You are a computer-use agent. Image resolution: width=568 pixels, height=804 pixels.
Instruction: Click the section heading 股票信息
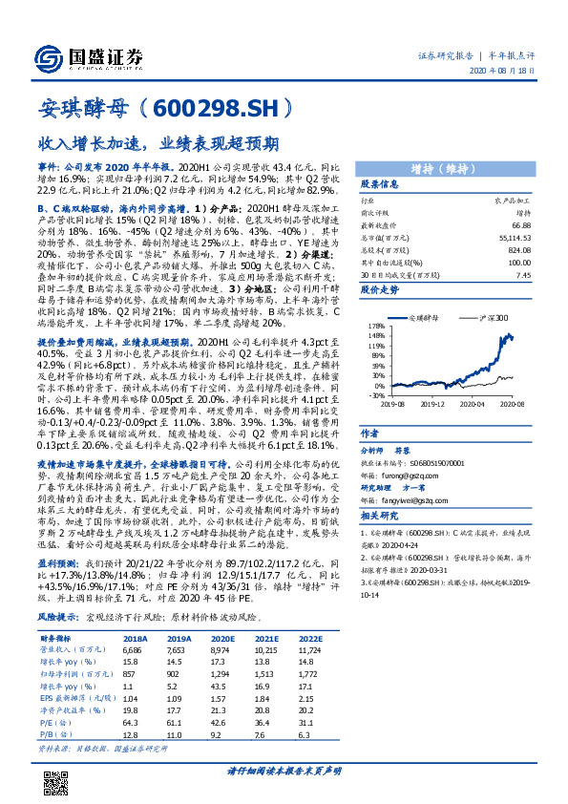point(353,183)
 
